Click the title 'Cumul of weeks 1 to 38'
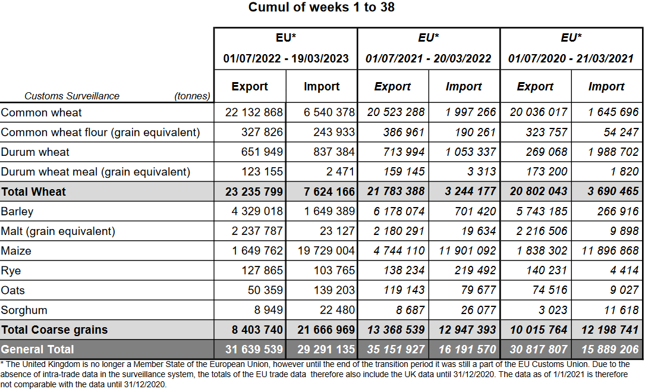[322, 7]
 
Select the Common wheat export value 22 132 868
[254, 112]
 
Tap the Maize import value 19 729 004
[326, 251]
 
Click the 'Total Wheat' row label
[34, 192]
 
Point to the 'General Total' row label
[37, 350]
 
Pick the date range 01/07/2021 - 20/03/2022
[428, 59]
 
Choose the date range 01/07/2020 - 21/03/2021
[571, 59]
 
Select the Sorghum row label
[24, 311]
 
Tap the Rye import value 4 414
[624, 271]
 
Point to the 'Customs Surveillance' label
[72, 96]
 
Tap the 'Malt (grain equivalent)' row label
[58, 231]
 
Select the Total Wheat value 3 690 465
[609, 192]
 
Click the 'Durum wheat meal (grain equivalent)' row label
[96, 172]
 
